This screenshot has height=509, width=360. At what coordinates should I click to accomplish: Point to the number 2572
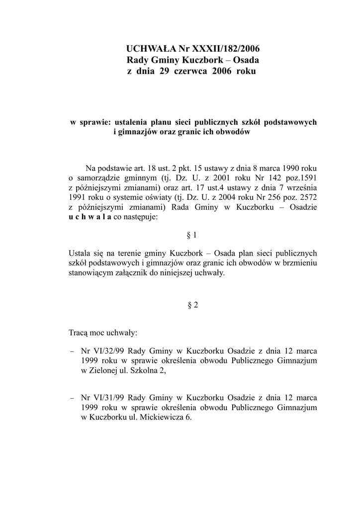(306, 197)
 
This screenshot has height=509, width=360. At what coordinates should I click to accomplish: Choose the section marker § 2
(193, 305)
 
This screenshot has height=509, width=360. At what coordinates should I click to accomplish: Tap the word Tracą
(80, 332)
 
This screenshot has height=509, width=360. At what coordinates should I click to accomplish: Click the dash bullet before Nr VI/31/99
(72, 398)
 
